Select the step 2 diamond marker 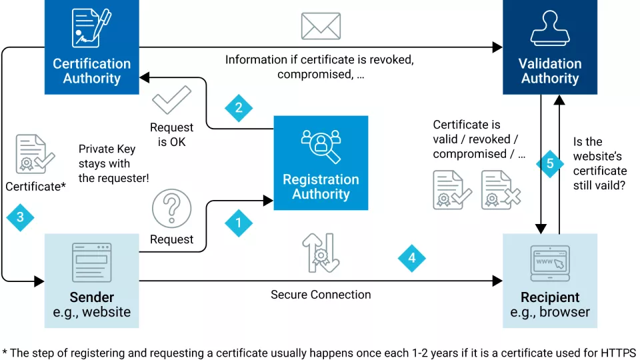239,108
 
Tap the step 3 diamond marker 20,217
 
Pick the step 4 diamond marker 412,258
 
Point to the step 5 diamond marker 550,164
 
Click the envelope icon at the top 321,26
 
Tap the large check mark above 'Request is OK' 171,101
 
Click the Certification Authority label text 92,71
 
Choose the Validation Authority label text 550,71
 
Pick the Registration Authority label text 321,187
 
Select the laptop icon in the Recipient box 550,263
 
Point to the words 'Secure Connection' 321,295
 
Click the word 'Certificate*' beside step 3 35,187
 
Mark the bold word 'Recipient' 550,297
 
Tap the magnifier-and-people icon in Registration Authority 321,146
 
